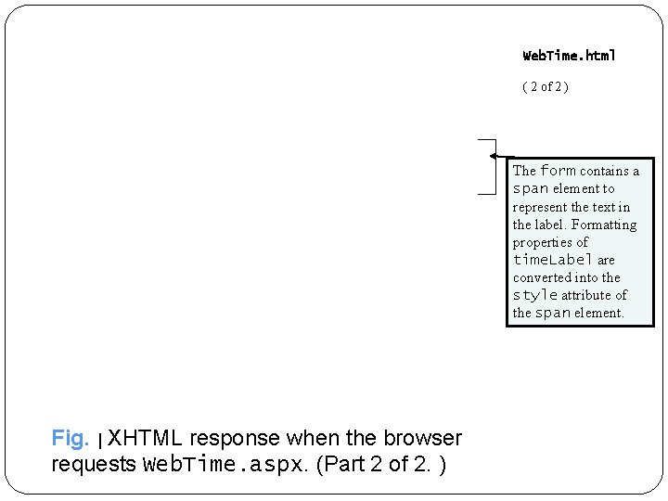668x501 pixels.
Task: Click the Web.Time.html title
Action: click(569, 56)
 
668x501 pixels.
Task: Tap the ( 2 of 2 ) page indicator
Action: click(546, 86)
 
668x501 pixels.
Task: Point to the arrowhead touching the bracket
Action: click(495, 155)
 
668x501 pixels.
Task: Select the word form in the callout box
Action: click(558, 171)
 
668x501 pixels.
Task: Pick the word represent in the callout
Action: click(540, 207)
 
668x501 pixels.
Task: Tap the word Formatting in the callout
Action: click(604, 225)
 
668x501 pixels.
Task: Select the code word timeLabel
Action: click(553, 260)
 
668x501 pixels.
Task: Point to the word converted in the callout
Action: click(543, 277)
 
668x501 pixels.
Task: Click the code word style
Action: click(534, 295)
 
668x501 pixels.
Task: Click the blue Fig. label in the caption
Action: click(70, 438)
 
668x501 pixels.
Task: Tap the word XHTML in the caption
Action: click(146, 438)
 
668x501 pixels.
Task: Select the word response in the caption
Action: click(236, 438)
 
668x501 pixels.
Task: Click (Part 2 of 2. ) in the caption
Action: click(381, 464)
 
